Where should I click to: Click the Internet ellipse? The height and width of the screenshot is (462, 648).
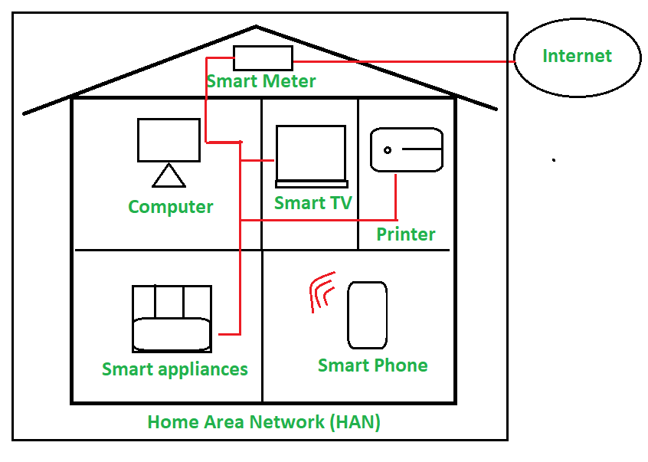[x=577, y=57]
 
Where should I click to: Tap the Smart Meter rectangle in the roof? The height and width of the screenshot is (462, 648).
[x=263, y=58]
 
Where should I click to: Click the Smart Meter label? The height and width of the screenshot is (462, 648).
[x=261, y=80]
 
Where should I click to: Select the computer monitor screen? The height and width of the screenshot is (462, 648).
[x=169, y=139]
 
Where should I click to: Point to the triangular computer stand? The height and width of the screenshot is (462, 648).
[x=169, y=177]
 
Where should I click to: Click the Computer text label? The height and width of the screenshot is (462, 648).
[x=171, y=207]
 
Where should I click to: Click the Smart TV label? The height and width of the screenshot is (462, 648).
[x=313, y=203]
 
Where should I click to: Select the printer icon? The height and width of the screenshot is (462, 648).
[x=407, y=150]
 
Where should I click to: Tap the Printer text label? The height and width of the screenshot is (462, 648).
[x=406, y=234]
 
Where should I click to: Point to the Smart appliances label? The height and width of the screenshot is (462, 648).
[x=175, y=369]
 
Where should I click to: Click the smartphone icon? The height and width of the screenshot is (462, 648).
[x=367, y=315]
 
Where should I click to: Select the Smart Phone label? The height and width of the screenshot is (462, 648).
[x=373, y=365]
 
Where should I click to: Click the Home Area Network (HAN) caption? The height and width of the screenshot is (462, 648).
[x=264, y=422]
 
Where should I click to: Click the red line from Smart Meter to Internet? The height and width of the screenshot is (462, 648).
[x=406, y=61]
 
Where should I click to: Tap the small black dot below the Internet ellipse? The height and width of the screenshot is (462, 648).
[x=554, y=160]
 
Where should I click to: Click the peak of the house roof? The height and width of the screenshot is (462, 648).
[x=256, y=28]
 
